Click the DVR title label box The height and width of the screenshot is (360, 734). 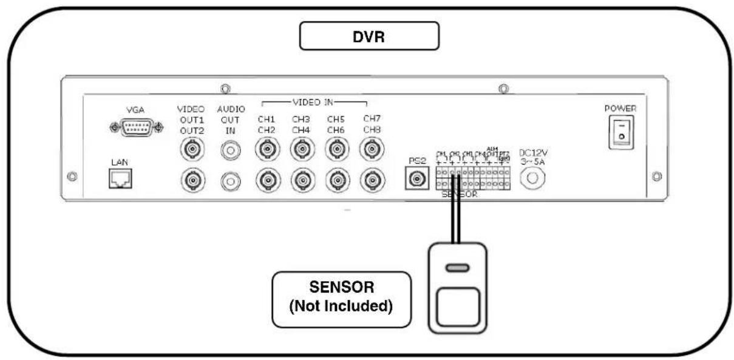[369, 36]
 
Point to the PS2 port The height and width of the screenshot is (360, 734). [417, 179]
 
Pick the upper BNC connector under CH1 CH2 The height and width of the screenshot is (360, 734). [266, 148]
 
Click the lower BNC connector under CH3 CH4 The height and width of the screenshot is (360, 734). [301, 180]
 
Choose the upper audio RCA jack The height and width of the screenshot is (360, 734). [230, 149]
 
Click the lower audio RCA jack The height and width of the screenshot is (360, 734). [230, 180]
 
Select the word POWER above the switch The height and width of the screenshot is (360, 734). [619, 109]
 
